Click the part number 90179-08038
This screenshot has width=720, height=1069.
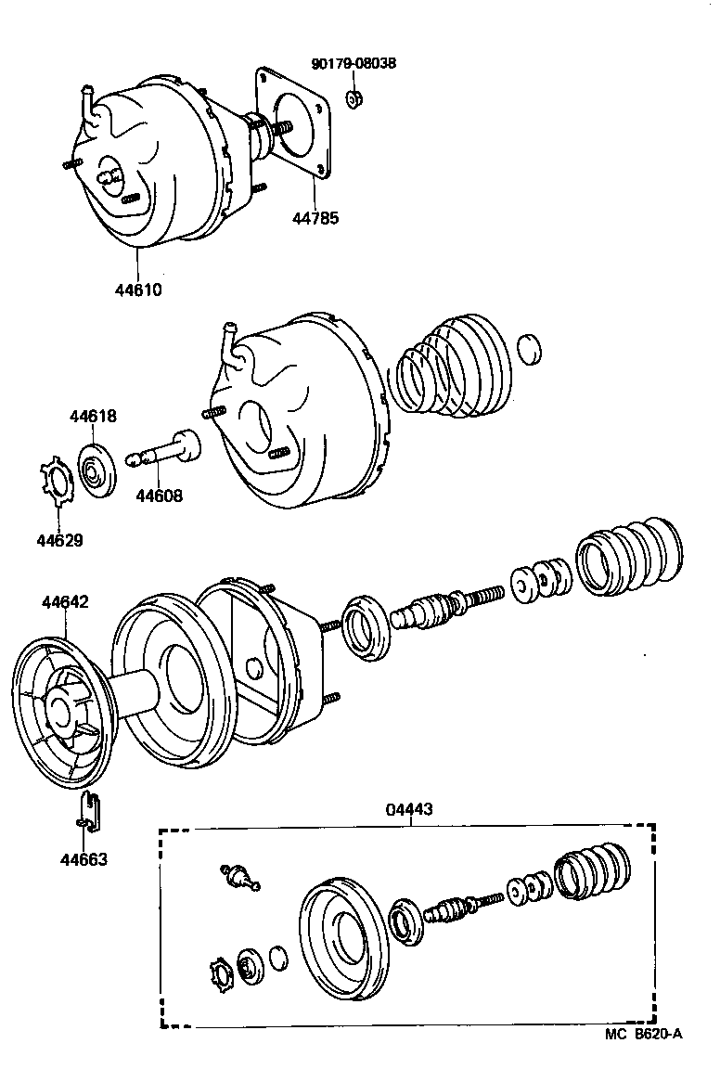pyautogui.click(x=353, y=64)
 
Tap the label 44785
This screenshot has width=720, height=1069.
pyautogui.click(x=316, y=219)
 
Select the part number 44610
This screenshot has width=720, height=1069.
pyautogui.click(x=138, y=289)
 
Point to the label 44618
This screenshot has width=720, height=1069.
pyautogui.click(x=93, y=417)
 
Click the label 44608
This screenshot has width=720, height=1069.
pyautogui.click(x=159, y=496)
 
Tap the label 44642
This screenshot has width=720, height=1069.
pyautogui.click(x=65, y=602)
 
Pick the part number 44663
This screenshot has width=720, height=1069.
pyautogui.click(x=84, y=859)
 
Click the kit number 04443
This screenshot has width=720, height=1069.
pyautogui.click(x=408, y=809)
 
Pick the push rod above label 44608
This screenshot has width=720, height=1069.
pyautogui.click(x=167, y=450)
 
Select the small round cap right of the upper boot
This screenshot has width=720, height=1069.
pyautogui.click(x=528, y=350)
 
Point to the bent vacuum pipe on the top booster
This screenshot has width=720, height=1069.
pyautogui.click(x=89, y=101)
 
